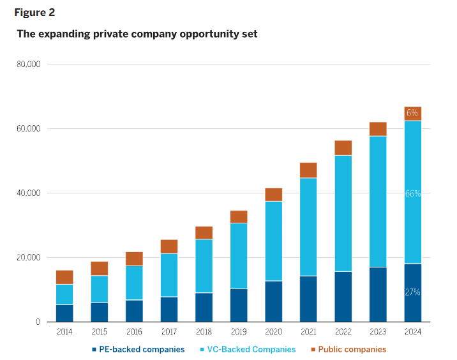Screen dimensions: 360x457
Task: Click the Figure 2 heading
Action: point(34,13)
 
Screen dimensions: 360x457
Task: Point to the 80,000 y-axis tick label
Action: point(28,64)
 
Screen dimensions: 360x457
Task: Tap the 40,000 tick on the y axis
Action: point(28,193)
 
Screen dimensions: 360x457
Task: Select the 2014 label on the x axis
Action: point(64,332)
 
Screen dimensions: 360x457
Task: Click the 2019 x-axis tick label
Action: point(238,332)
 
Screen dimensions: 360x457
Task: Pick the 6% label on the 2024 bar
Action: point(412,113)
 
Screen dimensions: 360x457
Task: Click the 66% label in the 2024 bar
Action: point(412,193)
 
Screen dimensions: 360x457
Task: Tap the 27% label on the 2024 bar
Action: point(412,292)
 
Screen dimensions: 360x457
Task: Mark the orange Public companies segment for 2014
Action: point(64,277)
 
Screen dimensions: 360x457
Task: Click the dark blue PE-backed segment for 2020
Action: point(273,301)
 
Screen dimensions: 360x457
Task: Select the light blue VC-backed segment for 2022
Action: point(343,213)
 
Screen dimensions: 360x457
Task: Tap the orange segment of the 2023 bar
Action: point(378,129)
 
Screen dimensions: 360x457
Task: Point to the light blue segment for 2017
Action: point(169,275)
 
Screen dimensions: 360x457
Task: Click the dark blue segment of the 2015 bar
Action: point(99,312)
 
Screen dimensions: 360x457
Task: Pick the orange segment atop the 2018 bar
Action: point(204,232)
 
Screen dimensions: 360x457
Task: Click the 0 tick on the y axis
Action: point(38,322)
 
